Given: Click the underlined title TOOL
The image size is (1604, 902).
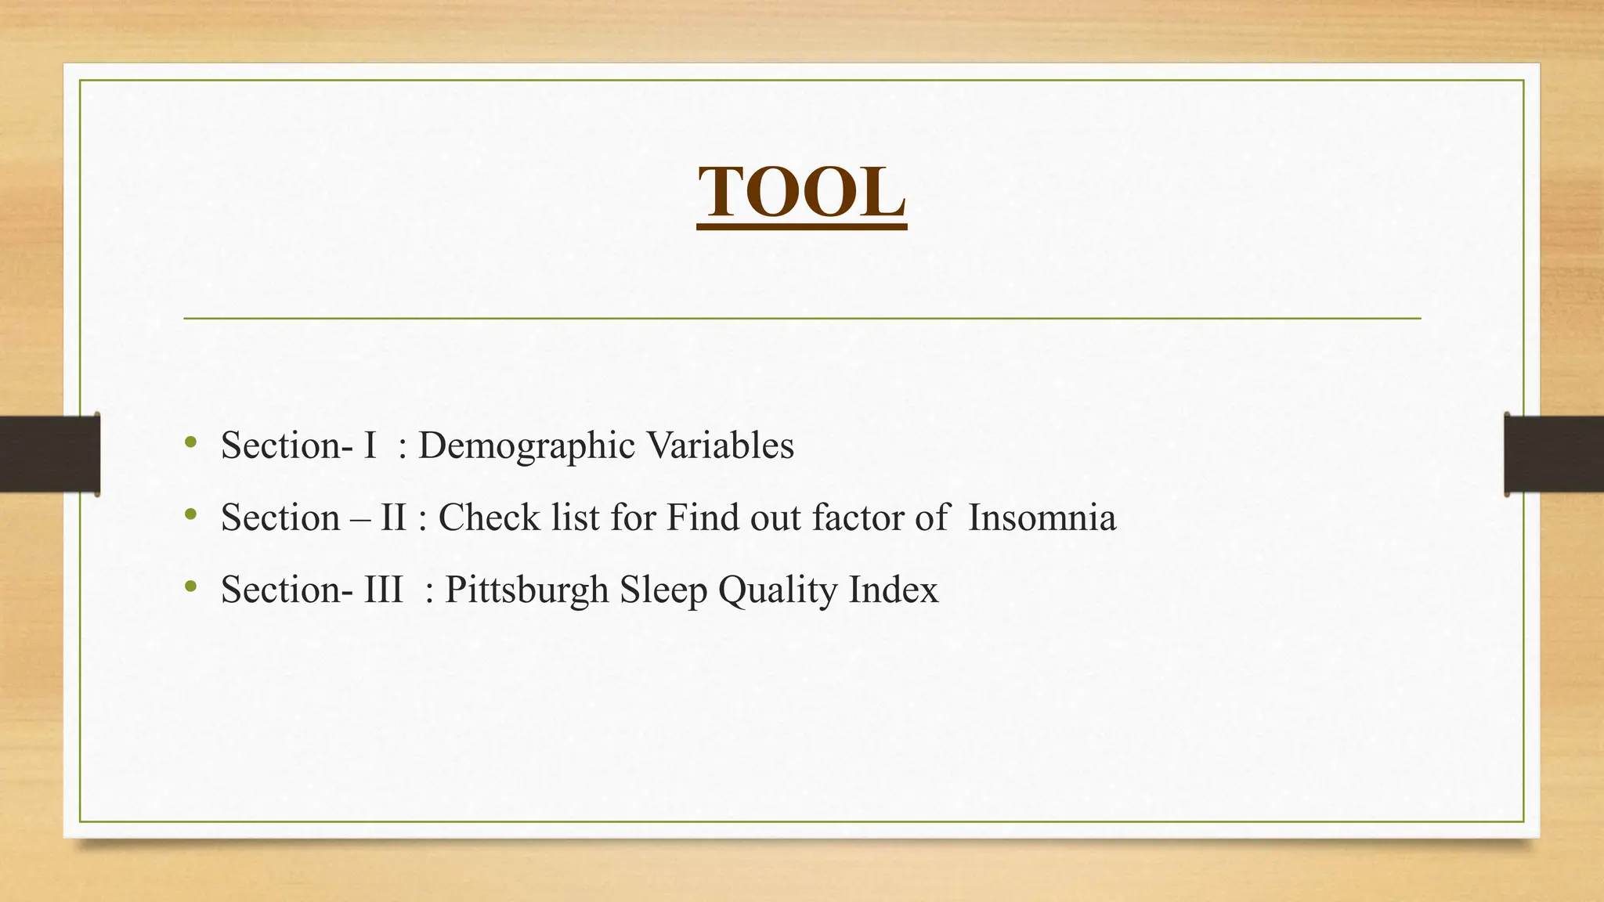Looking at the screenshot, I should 801,193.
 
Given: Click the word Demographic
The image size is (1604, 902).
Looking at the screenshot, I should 526,446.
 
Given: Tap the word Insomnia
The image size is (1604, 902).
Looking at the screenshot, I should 1042,518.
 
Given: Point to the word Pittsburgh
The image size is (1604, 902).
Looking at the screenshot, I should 526,590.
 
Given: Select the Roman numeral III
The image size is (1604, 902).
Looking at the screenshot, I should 383,590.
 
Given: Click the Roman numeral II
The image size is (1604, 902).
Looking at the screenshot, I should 393,518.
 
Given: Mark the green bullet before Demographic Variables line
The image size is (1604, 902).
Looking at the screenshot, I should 190,443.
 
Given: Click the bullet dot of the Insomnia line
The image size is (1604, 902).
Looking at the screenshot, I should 190,515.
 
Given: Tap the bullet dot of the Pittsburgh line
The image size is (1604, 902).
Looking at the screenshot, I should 190,587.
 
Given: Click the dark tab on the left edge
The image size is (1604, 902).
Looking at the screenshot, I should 49,454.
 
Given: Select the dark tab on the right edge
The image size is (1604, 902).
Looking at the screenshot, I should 1554,454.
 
